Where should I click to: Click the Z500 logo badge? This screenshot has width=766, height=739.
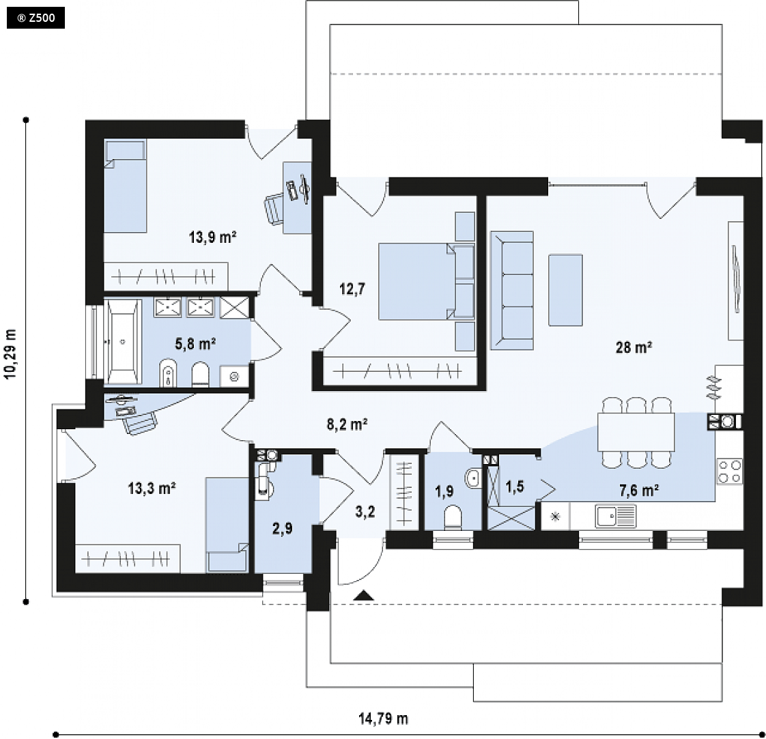pyautogui.click(x=36, y=18)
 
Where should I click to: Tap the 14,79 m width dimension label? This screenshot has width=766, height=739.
pyautogui.click(x=383, y=719)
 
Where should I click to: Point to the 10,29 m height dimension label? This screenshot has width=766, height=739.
pyautogui.click(x=11, y=353)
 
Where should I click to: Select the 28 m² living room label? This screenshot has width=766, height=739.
pyautogui.click(x=634, y=347)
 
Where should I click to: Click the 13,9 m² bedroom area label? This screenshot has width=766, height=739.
pyautogui.click(x=212, y=237)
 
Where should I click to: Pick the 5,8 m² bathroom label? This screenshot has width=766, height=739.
pyautogui.click(x=195, y=344)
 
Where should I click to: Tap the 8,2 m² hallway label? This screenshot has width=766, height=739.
pyautogui.click(x=347, y=424)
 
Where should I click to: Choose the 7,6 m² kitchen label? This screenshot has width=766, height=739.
pyautogui.click(x=639, y=490)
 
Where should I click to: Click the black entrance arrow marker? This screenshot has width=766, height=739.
pyautogui.click(x=364, y=595)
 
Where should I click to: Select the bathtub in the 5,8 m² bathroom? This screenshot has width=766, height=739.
pyautogui.click(x=123, y=342)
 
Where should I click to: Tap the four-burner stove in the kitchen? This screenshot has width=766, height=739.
pyautogui.click(x=729, y=472)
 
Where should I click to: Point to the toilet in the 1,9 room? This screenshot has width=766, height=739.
pyautogui.click(x=453, y=517)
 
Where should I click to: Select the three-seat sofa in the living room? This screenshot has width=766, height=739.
pyautogui.click(x=512, y=291)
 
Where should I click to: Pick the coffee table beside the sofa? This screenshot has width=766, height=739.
pyautogui.click(x=565, y=289)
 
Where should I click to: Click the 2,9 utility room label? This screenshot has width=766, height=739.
pyautogui.click(x=283, y=528)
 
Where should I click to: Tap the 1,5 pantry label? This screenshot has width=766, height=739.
pyautogui.click(x=514, y=487)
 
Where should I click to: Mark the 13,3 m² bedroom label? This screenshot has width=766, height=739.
pyautogui.click(x=152, y=488)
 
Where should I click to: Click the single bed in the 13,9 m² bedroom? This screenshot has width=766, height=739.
pyautogui.click(x=126, y=186)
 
